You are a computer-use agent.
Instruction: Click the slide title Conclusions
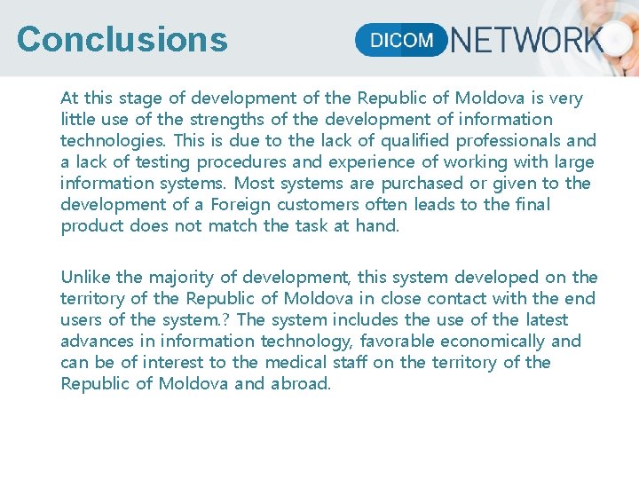point(122,40)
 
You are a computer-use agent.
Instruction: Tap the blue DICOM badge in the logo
point(401,40)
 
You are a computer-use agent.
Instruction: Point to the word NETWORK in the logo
point(527,40)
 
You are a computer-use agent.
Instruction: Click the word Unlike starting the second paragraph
point(87,278)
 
